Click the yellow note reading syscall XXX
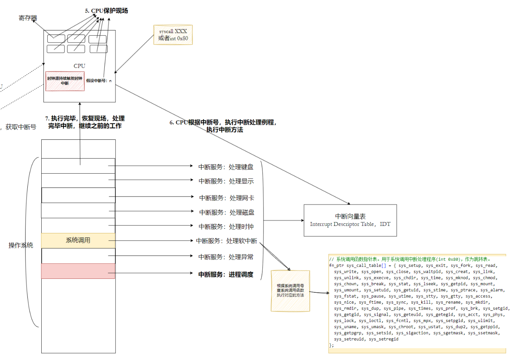[173, 35]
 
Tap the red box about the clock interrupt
[65, 81]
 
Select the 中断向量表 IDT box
[350, 220]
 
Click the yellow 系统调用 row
[78, 241]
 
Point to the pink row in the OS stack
[78, 271]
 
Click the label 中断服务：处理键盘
[226, 167]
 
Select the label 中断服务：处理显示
[226, 181]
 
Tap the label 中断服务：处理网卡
[226, 198]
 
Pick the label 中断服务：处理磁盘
[226, 212]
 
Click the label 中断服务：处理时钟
[226, 227]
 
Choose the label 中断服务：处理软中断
[226, 241]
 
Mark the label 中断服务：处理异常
[226, 257]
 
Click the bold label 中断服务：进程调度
[226, 275]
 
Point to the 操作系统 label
[21, 245]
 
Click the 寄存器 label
[28, 18]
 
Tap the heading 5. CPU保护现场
[107, 11]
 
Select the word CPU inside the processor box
[79, 66]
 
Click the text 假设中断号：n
[99, 81]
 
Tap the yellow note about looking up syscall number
[290, 290]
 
